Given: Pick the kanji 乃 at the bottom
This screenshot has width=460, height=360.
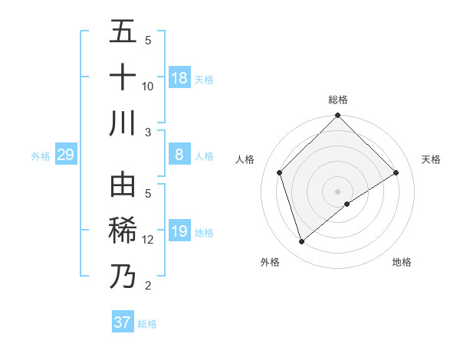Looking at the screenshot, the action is coord(123,277).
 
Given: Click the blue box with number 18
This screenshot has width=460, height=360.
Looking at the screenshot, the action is coord(179,78).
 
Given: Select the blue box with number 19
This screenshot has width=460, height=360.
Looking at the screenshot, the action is coord(179,232).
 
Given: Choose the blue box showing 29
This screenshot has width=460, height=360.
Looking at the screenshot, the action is coord(65,155).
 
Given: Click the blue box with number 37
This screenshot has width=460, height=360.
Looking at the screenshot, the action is coord(123,322).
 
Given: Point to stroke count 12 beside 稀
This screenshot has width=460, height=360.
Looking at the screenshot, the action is coord(148,240).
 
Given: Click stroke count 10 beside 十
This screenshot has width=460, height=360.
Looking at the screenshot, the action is coord(148,86).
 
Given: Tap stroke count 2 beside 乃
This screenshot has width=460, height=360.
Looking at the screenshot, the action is coord(148,286).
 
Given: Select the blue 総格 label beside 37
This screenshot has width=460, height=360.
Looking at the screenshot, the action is coord(147,324).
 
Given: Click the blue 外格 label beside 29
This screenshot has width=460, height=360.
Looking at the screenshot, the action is coord(41,156).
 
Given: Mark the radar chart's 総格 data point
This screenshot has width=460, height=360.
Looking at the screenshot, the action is coord(337,116).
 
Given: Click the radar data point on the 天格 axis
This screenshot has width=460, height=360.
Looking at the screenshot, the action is coord(396,172).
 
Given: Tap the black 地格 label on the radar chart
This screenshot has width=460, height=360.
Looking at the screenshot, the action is coord(402,262).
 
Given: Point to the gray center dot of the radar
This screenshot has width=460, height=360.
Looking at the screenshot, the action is coord(337,191).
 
